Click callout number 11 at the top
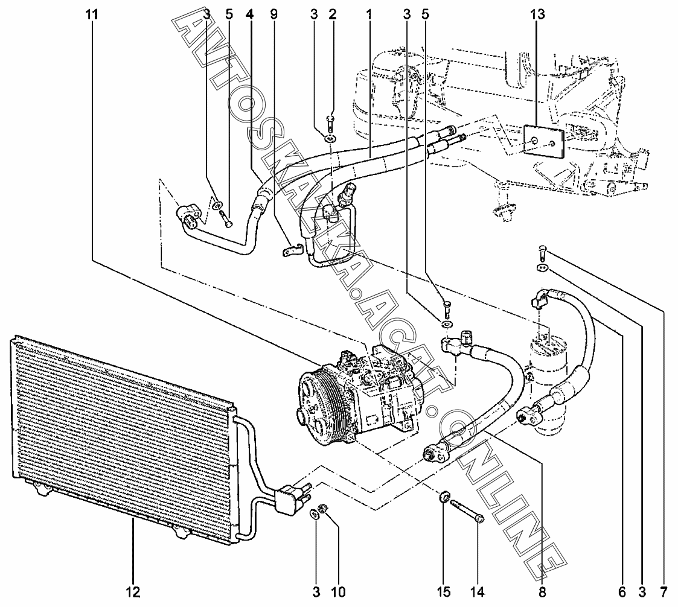click(x=91, y=14)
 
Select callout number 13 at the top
click(x=537, y=14)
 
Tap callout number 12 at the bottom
click(x=133, y=592)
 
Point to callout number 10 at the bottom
click(x=339, y=592)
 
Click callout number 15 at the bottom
click(x=444, y=592)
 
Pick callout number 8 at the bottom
click(x=542, y=592)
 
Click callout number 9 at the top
click(x=273, y=14)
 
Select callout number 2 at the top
click(x=333, y=14)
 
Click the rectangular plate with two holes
click(x=543, y=141)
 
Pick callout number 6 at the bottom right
click(x=622, y=592)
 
